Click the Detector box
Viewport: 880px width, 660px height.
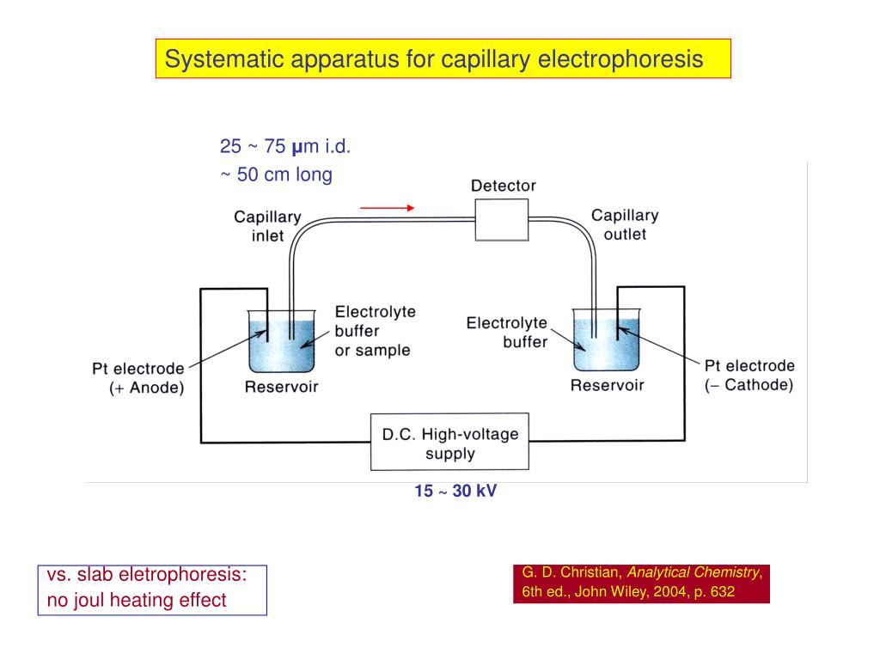502,219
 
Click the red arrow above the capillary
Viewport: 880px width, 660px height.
388,207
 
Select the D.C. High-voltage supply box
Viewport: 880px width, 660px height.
449,442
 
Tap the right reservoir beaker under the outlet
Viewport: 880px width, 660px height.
607,347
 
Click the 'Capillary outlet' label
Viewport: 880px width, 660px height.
625,224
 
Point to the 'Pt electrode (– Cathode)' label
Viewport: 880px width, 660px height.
749,375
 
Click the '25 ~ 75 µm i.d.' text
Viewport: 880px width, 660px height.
285,147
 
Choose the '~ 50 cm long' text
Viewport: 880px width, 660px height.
276,174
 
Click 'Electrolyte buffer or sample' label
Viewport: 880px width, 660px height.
375,331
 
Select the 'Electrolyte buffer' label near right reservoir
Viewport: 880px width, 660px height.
506,332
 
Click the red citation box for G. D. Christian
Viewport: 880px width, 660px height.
641,583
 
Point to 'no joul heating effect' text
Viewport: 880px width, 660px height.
137,600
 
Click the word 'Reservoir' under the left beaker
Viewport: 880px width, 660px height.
281,387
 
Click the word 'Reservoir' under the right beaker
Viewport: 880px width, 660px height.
607,385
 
